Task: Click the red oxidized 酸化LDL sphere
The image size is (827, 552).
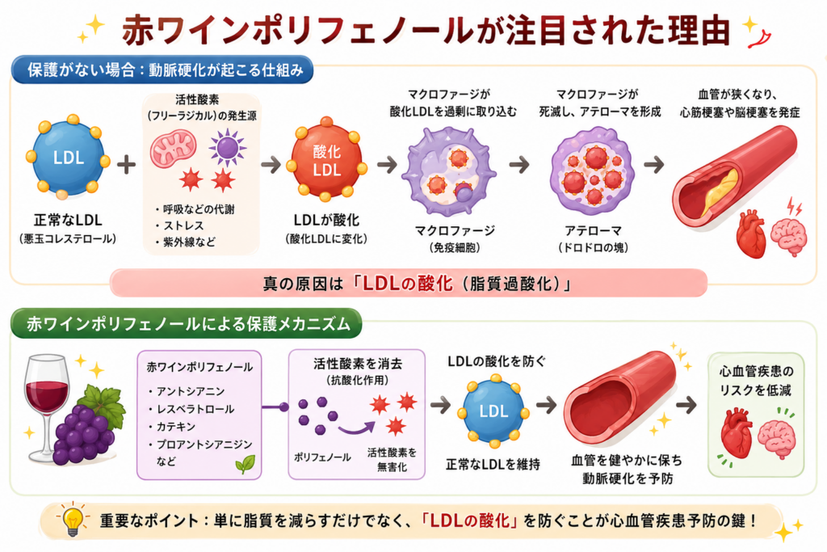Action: [x=326, y=161]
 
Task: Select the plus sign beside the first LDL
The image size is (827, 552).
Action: [x=126, y=165]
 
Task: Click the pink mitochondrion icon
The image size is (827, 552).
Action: [x=173, y=149]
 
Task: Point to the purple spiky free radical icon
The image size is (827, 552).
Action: [x=227, y=148]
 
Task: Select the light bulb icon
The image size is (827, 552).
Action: [x=73, y=520]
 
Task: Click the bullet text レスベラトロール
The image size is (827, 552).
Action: [x=195, y=409]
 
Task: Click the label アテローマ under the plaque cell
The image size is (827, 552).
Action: [x=593, y=230]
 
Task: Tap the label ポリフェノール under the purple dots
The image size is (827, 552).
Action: [x=322, y=457]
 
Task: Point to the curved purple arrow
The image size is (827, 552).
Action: [x=356, y=428]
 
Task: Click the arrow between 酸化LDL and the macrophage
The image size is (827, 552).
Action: [x=387, y=165]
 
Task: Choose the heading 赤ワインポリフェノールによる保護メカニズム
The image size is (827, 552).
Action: [x=188, y=323]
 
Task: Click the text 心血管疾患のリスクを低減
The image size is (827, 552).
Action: [x=756, y=381]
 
